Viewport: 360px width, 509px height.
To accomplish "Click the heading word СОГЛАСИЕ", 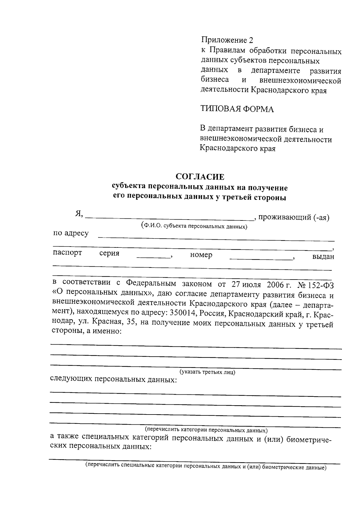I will coord(200,176).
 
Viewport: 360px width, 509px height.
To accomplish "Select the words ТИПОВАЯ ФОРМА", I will coord(237,109).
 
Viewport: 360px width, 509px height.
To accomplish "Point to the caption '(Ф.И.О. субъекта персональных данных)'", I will coord(194,226).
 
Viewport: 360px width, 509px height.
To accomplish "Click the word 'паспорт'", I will coord(67,253).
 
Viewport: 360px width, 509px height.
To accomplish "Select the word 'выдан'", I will coord(323,257).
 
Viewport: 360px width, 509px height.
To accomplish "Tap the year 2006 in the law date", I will coord(273,284).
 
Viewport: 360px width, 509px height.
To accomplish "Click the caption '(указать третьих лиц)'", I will coord(207,372).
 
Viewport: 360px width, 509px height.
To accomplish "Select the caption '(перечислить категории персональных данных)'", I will coord(206,430).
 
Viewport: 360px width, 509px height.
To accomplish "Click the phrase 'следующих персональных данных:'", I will coord(113,380).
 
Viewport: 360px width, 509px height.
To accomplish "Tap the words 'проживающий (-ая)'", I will coord(294,217).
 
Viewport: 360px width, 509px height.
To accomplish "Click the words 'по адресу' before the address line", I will coord(71,233).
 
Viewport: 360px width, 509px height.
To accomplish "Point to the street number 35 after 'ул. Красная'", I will coord(132,322).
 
